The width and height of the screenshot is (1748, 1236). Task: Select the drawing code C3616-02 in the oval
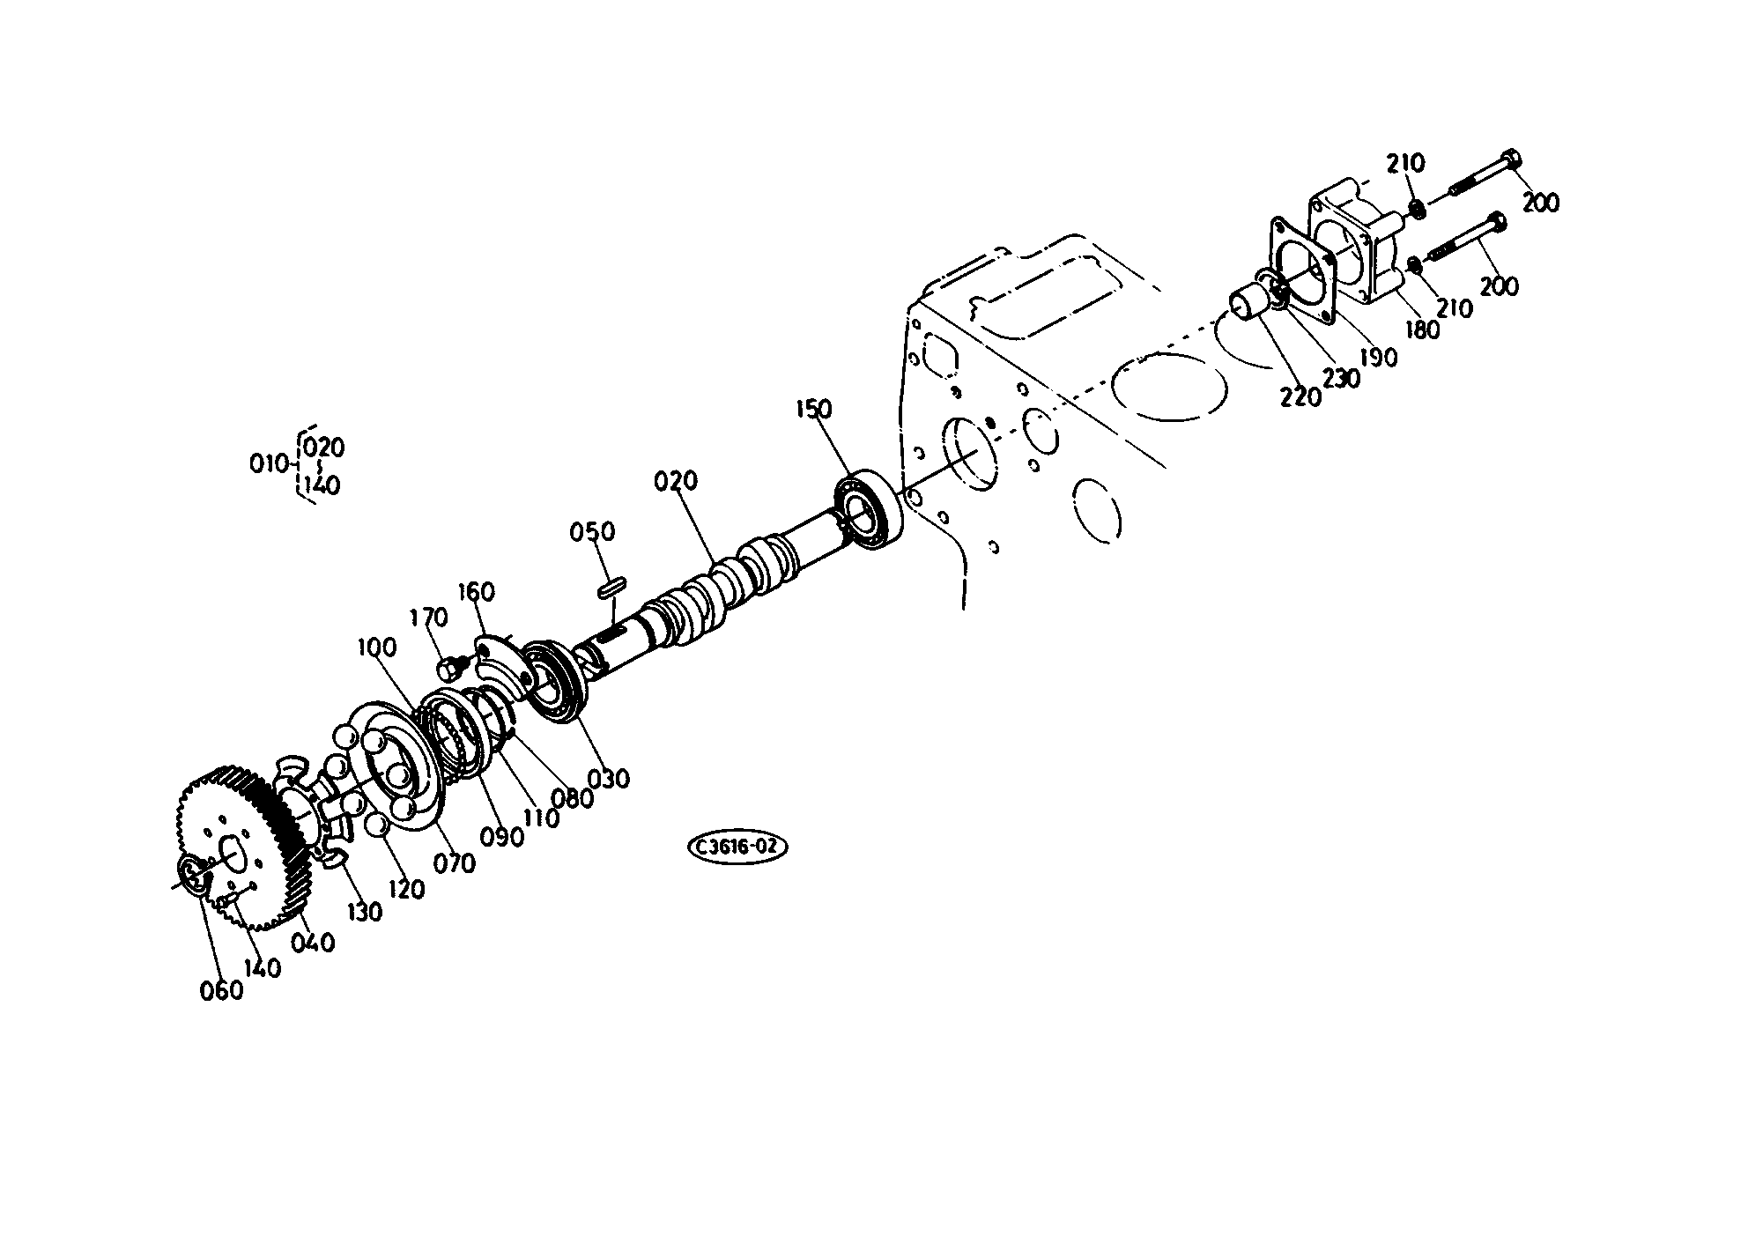tap(737, 847)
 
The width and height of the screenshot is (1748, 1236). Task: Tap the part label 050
tap(592, 532)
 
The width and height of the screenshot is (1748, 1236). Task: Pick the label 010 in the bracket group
tap(269, 463)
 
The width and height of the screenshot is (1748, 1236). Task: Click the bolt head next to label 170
tap(449, 668)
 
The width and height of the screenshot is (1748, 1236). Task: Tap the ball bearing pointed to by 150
tap(870, 511)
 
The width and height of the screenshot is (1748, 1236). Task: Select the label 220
tap(1301, 396)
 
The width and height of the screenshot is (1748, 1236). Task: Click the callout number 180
tap(1422, 329)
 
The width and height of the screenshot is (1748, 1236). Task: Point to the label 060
tap(221, 991)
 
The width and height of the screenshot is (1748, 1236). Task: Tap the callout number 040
tap(313, 943)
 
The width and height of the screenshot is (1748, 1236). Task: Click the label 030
tap(610, 778)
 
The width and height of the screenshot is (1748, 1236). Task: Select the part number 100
tap(377, 648)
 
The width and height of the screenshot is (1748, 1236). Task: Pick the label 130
tap(363, 912)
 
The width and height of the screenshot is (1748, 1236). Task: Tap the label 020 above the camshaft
tap(676, 481)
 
